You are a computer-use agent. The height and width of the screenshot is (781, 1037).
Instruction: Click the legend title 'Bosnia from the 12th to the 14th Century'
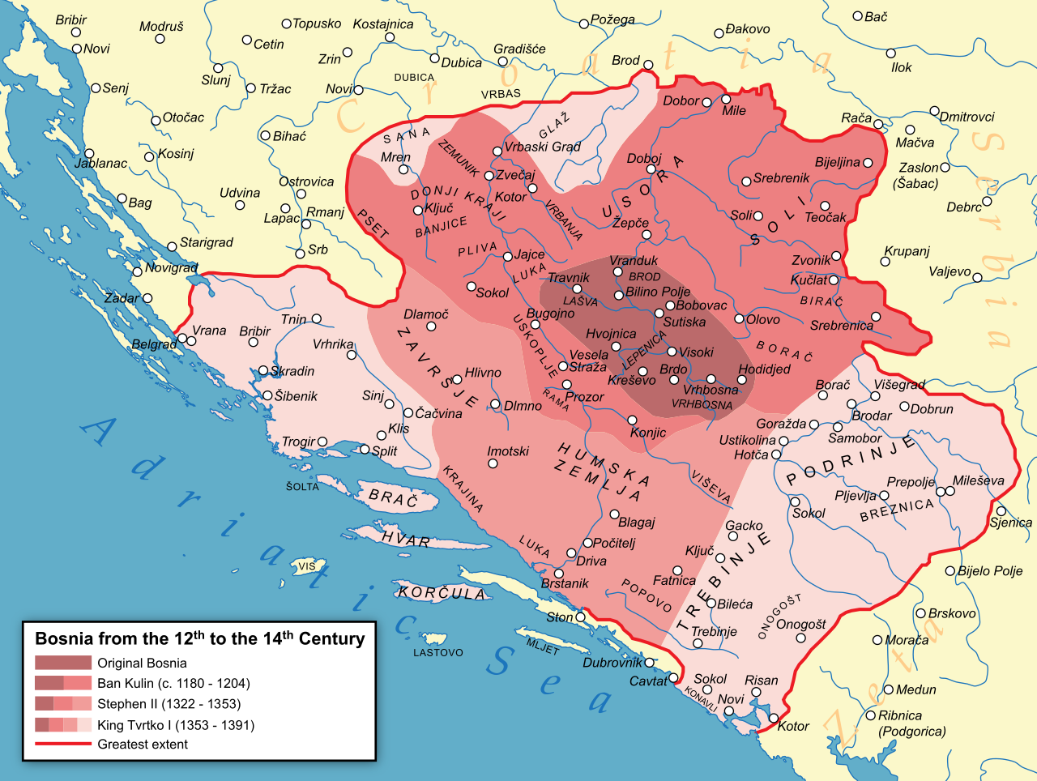click(199, 638)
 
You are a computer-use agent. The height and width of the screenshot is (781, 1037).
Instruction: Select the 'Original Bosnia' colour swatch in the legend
click(62, 663)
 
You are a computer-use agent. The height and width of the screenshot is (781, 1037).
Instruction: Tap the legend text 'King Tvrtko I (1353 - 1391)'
click(176, 725)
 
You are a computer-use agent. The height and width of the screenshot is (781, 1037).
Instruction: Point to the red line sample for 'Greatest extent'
click(62, 744)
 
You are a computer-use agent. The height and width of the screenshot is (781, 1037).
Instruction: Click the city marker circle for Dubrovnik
click(650, 663)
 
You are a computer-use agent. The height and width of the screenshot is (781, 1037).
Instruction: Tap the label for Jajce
click(530, 254)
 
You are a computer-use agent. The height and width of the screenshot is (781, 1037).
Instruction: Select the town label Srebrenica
click(841, 326)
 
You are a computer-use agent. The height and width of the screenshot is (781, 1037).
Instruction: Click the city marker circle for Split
click(365, 450)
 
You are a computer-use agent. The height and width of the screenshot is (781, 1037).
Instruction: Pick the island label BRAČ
click(393, 497)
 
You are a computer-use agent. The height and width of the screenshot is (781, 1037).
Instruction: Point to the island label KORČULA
click(442, 593)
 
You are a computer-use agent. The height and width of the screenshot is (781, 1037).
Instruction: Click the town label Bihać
click(289, 136)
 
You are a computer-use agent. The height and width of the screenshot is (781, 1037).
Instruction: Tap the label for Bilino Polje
click(658, 292)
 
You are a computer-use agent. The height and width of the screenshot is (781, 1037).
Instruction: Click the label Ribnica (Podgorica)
click(911, 723)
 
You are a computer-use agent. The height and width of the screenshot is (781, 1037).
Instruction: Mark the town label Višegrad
click(898, 385)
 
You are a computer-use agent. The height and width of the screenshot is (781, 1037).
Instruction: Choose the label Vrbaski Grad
click(542, 147)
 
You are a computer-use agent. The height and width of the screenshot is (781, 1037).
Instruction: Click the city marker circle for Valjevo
click(977, 278)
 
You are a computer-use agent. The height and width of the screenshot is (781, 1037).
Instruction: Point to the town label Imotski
click(508, 451)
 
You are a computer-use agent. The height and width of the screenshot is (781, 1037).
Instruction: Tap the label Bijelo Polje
click(990, 570)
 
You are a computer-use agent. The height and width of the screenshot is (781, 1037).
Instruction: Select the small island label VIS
click(307, 566)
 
